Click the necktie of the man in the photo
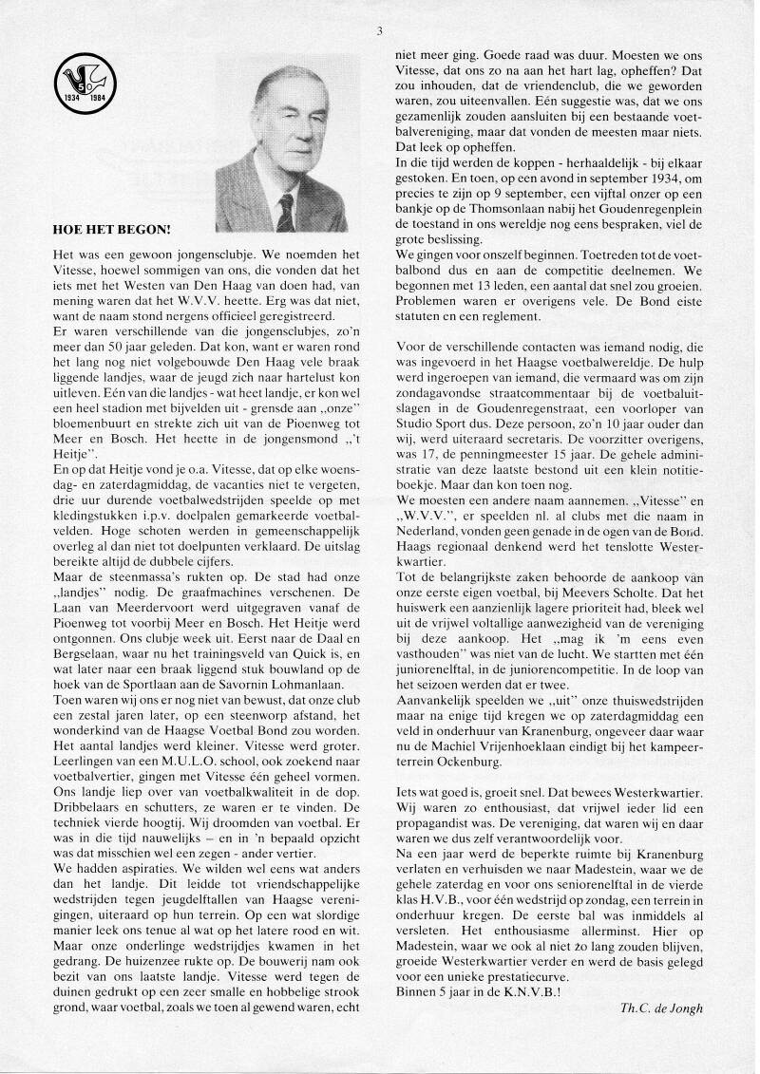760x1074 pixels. pos(286,212)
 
